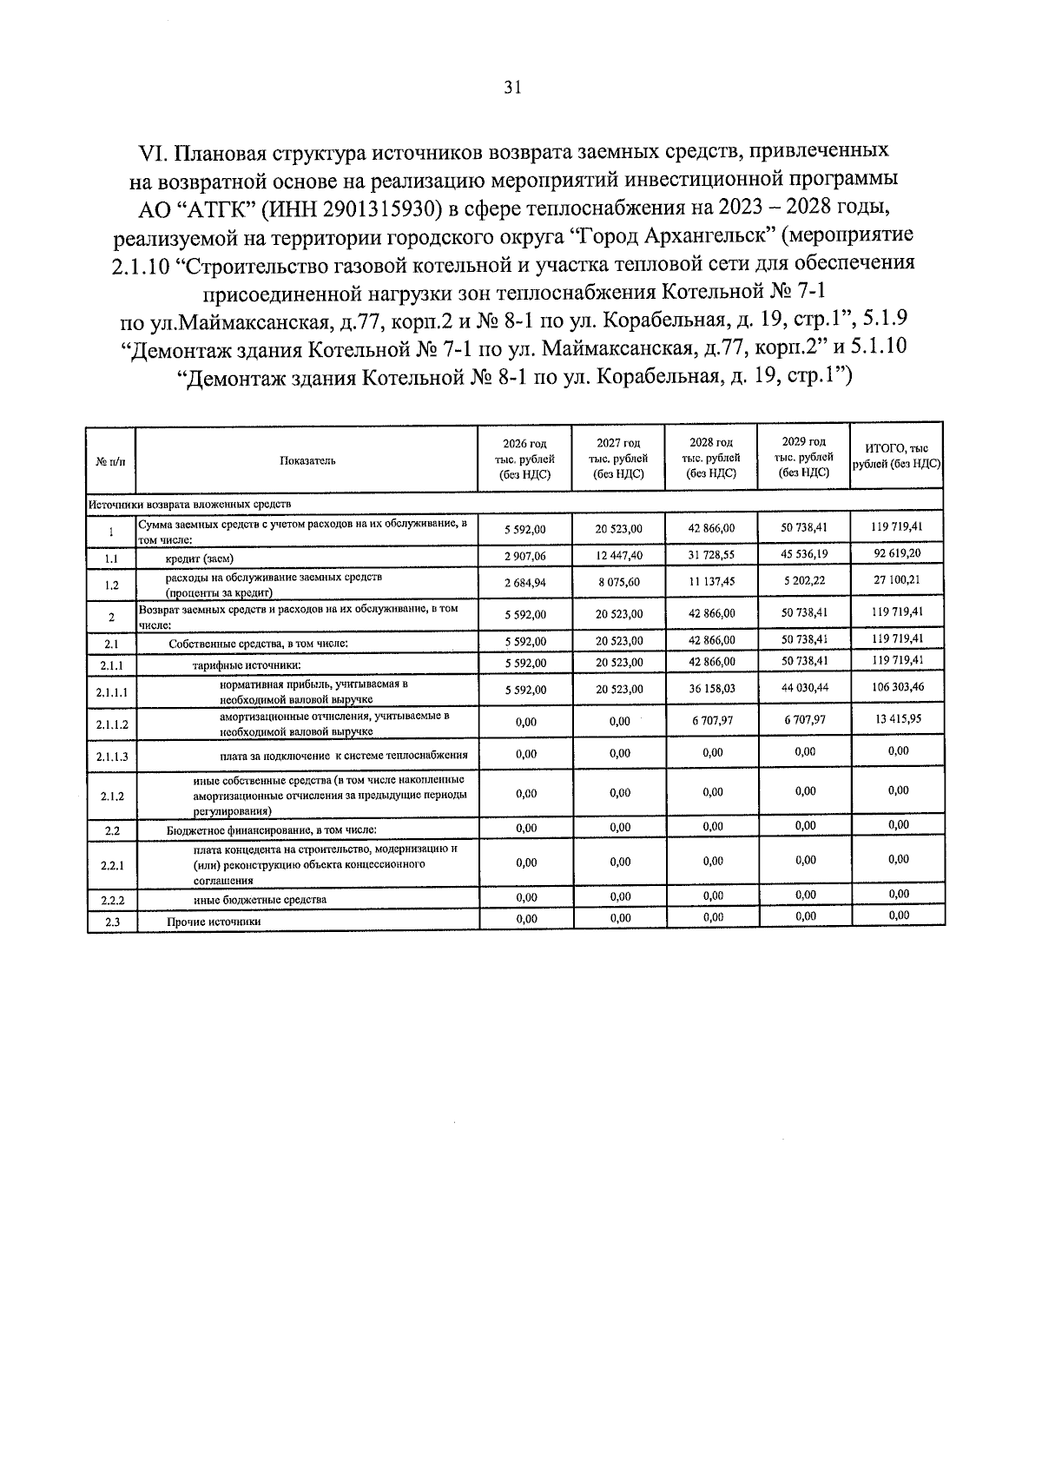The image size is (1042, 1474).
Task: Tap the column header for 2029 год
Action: (804, 456)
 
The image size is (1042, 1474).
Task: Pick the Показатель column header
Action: (307, 460)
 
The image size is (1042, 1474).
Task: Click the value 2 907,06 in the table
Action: (525, 557)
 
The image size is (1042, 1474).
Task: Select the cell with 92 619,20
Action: (897, 552)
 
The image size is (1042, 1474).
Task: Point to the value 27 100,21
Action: (897, 578)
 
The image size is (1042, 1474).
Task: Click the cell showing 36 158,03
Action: (711, 689)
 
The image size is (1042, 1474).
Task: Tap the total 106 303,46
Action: (897, 686)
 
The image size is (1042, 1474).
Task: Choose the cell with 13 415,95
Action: (897, 718)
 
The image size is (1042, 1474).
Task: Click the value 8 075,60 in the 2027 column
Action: (618, 582)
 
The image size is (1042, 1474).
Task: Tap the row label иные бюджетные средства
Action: (260, 900)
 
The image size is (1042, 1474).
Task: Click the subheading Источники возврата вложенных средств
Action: (188, 504)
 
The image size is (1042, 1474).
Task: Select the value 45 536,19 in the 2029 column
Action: (804, 553)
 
